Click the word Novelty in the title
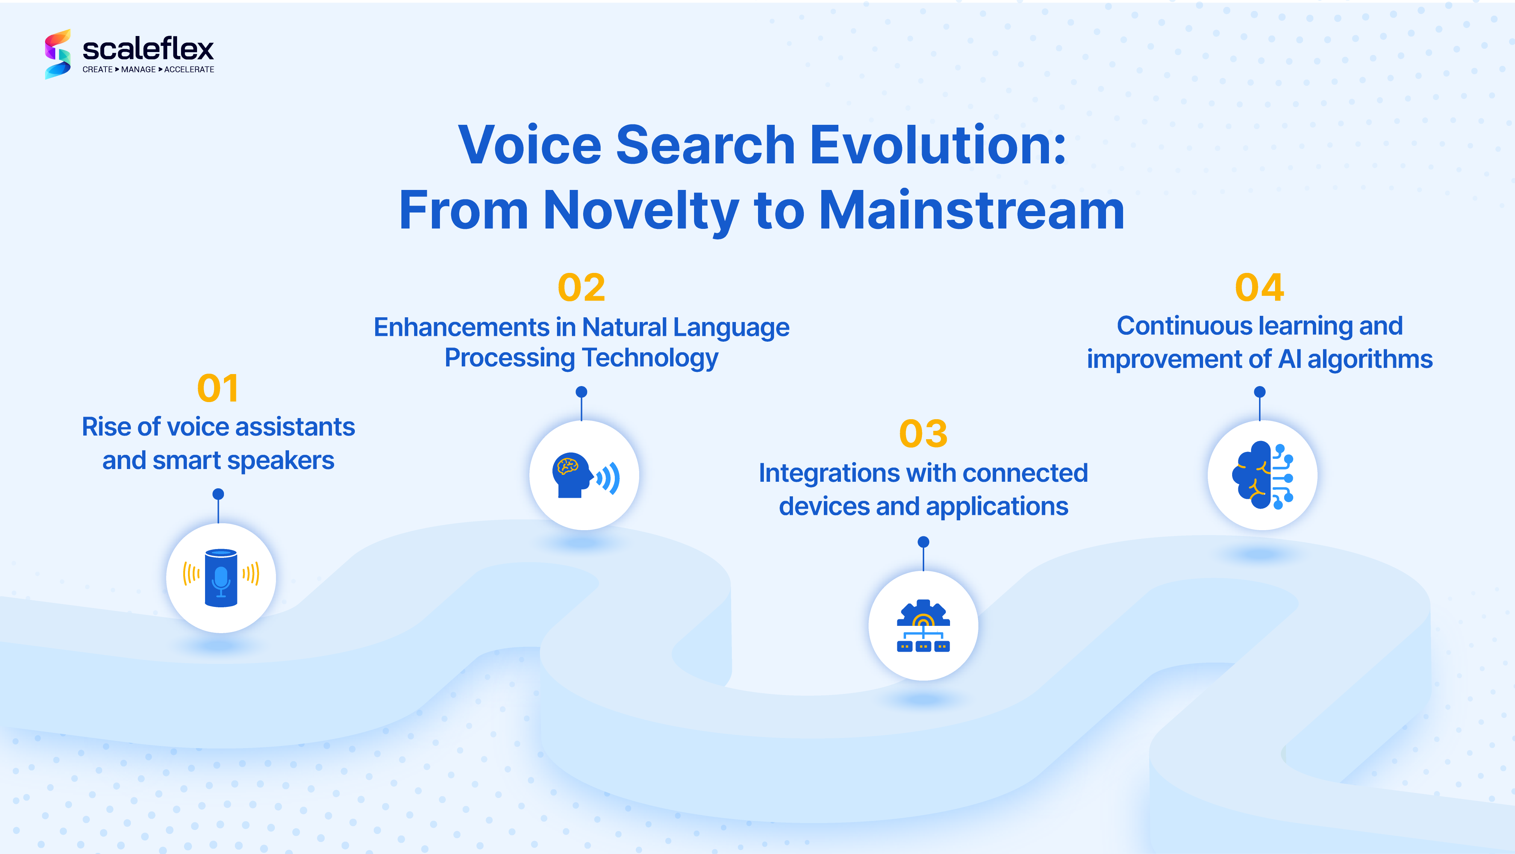click(x=641, y=211)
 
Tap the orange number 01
click(x=218, y=389)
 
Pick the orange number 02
click(x=581, y=288)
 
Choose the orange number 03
click(x=923, y=434)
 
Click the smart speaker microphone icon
click(x=221, y=577)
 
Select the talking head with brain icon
click(x=584, y=475)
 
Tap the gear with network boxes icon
click(x=923, y=625)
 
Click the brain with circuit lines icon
click(x=1262, y=475)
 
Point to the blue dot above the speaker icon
click(x=218, y=494)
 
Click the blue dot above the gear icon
click(x=923, y=541)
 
